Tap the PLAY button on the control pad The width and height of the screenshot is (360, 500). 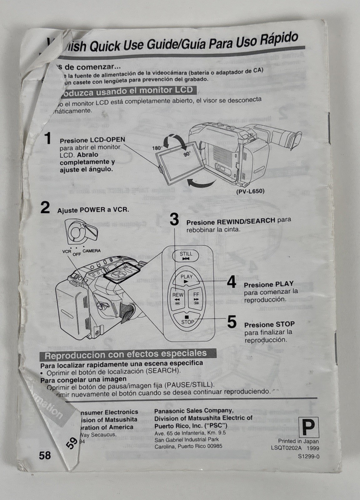point(186,278)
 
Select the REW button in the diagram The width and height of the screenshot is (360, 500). point(178,297)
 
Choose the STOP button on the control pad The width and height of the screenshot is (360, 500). point(187,320)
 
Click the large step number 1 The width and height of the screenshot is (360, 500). point(48,139)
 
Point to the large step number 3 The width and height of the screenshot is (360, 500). point(174,219)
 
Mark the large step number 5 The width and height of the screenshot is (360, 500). point(232,322)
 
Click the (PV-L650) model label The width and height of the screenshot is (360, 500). point(250,191)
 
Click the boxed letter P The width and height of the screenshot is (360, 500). point(308,427)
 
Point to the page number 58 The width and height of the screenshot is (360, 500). point(45,455)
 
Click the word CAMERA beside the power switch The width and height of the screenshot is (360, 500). point(92,251)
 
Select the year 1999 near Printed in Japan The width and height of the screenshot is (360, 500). point(312,448)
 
